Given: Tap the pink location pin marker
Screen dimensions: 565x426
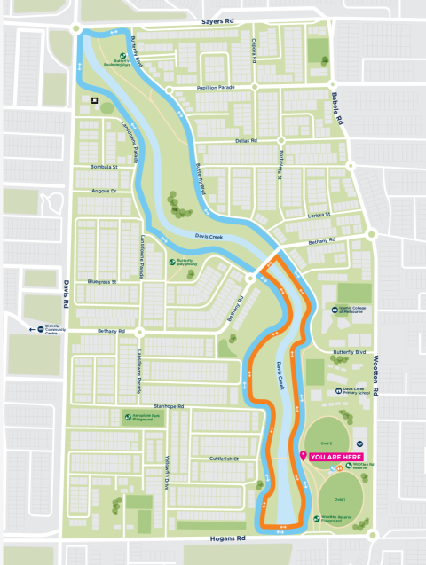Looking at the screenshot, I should point(304,456).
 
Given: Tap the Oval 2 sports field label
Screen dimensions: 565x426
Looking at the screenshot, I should point(327,442).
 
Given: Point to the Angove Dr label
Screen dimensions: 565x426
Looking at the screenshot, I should point(104,191).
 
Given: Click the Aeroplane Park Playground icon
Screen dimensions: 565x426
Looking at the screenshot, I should point(126,416).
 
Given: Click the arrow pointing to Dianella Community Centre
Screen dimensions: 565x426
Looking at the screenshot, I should point(31,327).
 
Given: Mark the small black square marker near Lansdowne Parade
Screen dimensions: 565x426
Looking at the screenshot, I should point(93,100).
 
